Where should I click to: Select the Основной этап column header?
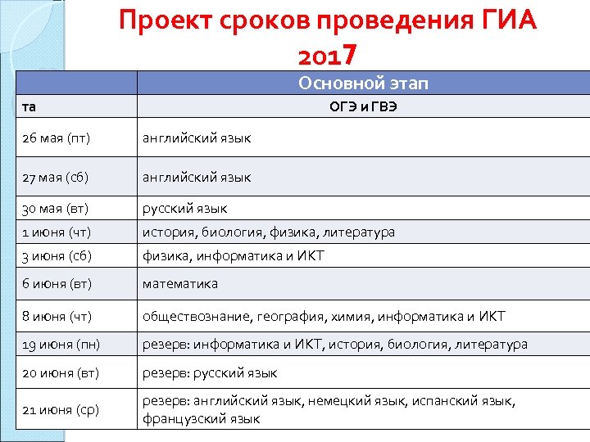363,83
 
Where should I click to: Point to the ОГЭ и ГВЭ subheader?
363,106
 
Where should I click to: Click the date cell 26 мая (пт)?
57,138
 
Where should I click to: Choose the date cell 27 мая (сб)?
57,178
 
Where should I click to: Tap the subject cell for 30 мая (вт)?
185,209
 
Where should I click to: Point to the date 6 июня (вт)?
57,284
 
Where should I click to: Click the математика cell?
180,284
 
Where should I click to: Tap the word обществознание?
195,316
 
